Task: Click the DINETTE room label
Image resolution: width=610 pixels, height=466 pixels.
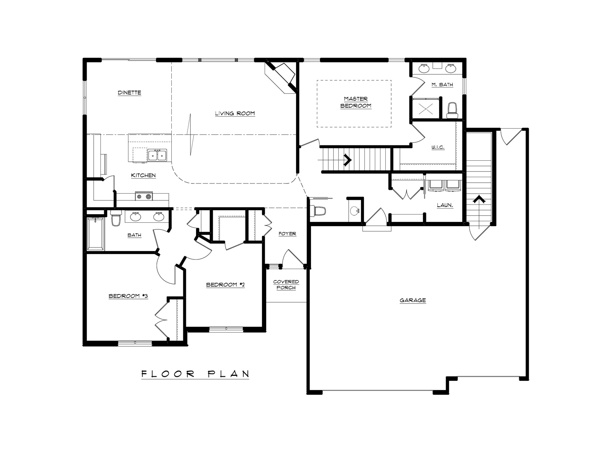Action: coord(130,93)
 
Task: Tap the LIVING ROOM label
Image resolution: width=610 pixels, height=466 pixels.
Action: coord(235,114)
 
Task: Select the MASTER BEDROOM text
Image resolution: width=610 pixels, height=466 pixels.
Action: coord(356,102)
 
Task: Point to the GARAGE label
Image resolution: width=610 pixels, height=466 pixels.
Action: coord(413,300)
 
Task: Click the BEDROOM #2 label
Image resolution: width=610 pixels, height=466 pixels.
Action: coord(225,285)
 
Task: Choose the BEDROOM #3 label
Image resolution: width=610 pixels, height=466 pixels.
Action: coord(128,296)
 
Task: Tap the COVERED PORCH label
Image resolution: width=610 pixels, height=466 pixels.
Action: coord(286,285)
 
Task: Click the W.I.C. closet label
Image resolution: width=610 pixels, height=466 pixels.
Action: coord(438,147)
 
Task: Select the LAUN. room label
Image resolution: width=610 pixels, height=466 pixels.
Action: coord(445,205)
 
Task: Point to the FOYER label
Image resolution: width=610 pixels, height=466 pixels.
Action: coord(287,234)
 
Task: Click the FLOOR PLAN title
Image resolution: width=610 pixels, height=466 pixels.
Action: coord(195,374)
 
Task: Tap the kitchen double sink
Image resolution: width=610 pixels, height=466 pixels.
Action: coord(157,155)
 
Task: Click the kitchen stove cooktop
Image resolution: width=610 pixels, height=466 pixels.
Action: coord(144,196)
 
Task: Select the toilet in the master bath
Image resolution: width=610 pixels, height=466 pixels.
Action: coord(452,111)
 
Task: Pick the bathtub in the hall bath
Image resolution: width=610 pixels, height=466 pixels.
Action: coord(96,234)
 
